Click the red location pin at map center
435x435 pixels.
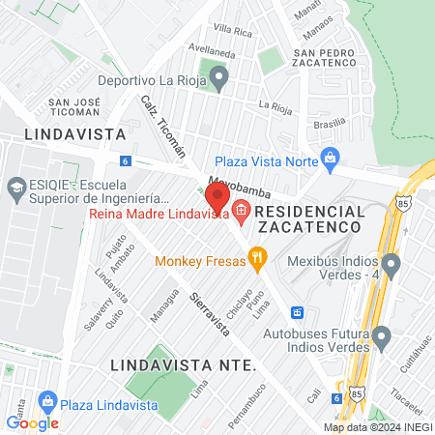pyautogui.click(x=217, y=197)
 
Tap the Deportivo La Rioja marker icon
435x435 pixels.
pyautogui.click(x=219, y=77)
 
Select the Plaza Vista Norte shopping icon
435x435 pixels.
pyautogui.click(x=331, y=157)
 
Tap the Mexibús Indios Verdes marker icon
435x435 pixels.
pyautogui.click(x=391, y=263)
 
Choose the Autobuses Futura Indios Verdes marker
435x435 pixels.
pyautogui.click(x=381, y=337)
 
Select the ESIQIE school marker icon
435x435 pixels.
pyautogui.click(x=15, y=186)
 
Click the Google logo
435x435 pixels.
pyautogui.click(x=32, y=422)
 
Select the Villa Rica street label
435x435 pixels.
pyautogui.click(x=232, y=31)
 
